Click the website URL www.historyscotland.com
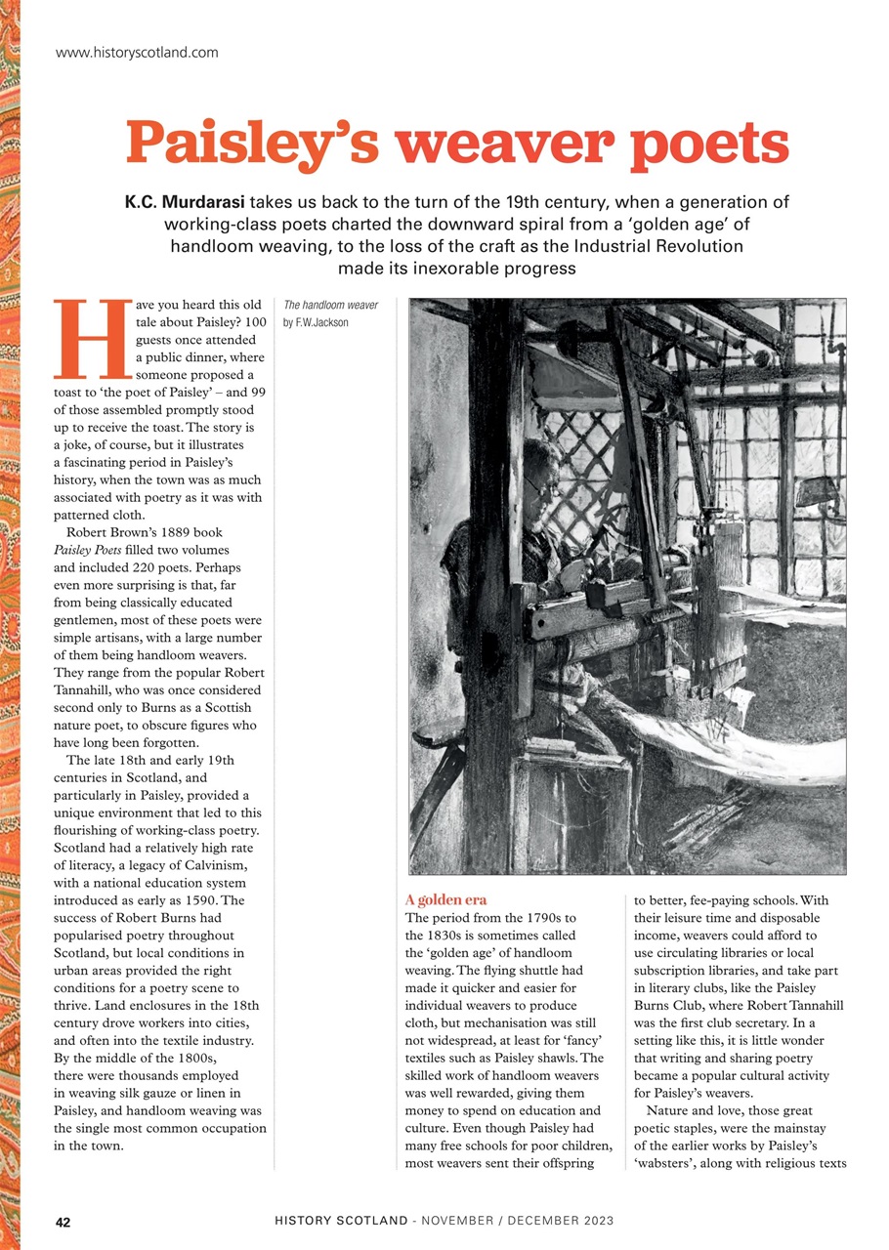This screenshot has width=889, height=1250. click(137, 52)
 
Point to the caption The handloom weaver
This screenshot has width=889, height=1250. click(330, 305)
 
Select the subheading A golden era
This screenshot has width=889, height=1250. click(444, 898)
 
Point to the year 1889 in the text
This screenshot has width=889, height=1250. click(172, 532)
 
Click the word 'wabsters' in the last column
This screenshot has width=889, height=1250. click(668, 1138)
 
